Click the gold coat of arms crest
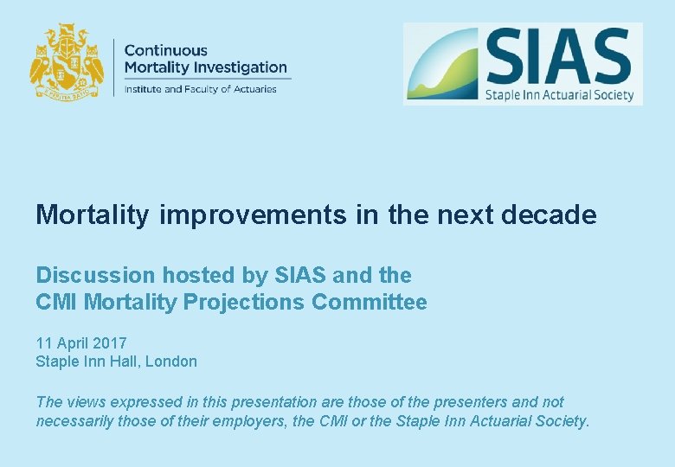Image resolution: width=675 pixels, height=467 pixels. (67, 62)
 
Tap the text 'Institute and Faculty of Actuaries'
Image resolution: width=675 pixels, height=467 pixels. (200, 88)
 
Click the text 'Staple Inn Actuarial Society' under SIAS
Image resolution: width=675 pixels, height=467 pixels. (559, 94)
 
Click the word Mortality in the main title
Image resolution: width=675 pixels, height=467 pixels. (93, 214)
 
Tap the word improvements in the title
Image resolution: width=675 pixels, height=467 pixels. (254, 214)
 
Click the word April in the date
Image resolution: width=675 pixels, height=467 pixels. (71, 343)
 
